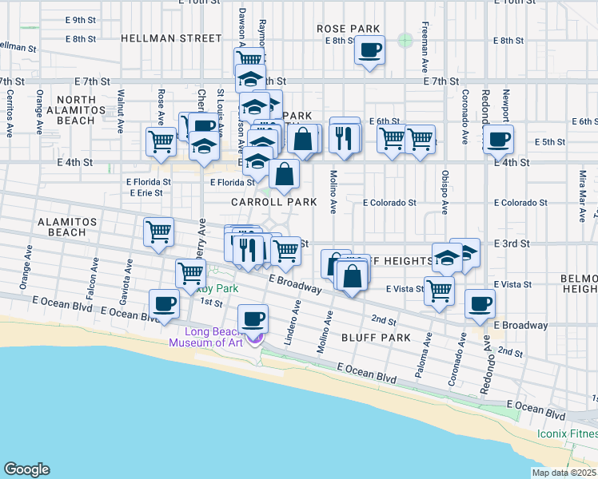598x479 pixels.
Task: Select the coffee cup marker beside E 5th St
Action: (498, 140)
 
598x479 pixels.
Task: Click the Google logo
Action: (26, 469)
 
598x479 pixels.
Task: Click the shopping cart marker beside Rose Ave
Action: (161, 141)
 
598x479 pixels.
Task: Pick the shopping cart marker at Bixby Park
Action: (190, 273)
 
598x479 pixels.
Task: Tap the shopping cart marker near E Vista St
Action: (439, 291)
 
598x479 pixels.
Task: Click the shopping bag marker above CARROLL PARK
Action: (284, 173)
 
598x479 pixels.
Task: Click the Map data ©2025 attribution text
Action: (563, 473)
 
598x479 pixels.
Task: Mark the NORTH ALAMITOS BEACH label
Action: (71, 110)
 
